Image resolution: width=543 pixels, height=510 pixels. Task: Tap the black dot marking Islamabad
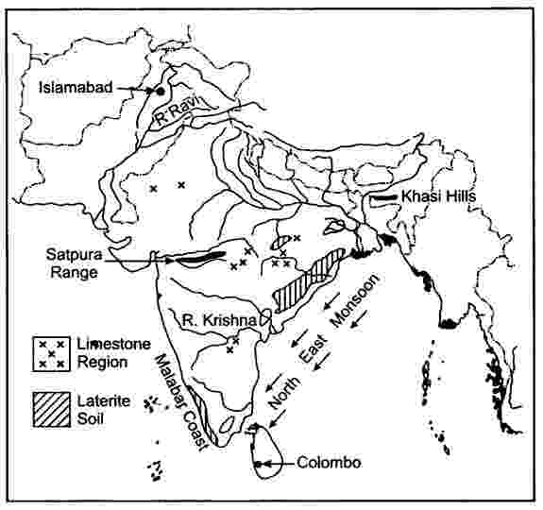(x=160, y=91)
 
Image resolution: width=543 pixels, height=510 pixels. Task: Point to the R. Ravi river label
(x=177, y=116)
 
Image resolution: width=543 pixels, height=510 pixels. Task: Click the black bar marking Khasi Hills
(x=383, y=198)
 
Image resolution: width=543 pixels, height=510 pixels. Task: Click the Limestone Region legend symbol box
(x=50, y=352)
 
